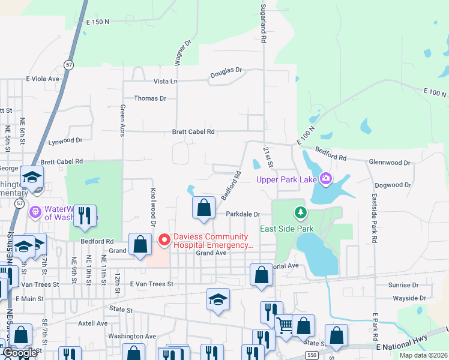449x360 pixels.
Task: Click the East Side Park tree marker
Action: click(x=300, y=212)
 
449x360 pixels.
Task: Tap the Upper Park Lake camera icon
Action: click(x=326, y=178)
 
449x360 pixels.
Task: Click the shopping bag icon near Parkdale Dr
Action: click(x=204, y=208)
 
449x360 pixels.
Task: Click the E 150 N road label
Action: click(x=98, y=22)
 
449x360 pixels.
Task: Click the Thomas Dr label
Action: click(x=149, y=98)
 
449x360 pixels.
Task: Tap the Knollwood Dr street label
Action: click(x=152, y=206)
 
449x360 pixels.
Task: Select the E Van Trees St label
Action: click(x=145, y=284)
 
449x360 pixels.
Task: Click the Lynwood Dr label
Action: click(x=65, y=140)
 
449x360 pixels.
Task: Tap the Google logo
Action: click(x=19, y=353)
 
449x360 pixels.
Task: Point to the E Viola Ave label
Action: click(x=43, y=79)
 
